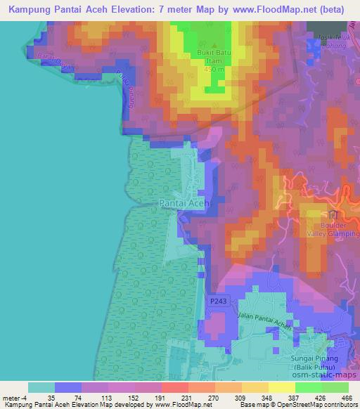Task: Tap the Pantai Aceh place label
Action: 184,202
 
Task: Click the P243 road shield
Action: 218,300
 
